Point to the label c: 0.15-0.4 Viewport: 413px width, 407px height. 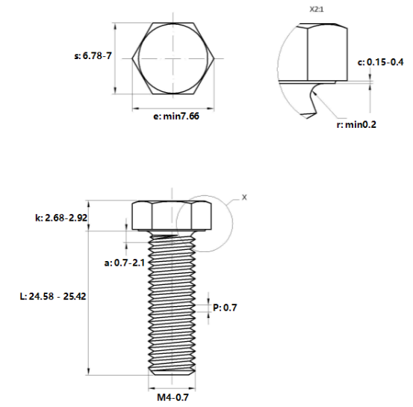(381, 62)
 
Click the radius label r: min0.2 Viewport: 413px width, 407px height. (356, 125)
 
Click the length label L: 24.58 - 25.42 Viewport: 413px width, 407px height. (53, 296)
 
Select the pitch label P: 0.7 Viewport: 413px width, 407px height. (225, 307)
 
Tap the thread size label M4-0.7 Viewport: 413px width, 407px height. (173, 397)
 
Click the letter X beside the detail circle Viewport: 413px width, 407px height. (243, 198)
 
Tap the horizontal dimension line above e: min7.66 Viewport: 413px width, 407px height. (174, 108)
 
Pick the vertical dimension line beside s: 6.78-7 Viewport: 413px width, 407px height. (116, 58)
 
